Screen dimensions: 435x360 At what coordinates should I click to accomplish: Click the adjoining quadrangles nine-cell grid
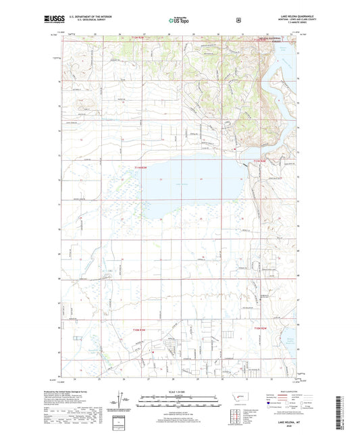tap(237, 413)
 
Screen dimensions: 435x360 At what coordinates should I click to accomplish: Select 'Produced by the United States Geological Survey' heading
tap(74, 391)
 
